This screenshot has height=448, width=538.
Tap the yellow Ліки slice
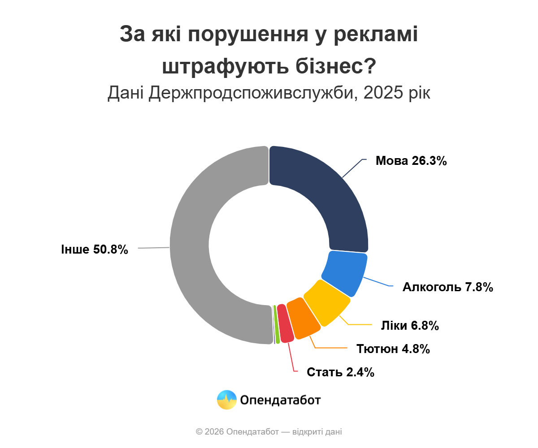click(327, 302)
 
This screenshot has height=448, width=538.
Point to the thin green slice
click(277, 325)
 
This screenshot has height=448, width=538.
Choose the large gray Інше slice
click(197, 251)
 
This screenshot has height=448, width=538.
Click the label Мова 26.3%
click(411, 161)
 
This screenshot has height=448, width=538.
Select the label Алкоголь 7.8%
click(448, 287)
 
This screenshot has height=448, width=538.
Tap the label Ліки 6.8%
click(410, 326)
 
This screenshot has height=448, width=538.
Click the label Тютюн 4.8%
click(393, 349)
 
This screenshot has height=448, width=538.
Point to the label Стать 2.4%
click(340, 372)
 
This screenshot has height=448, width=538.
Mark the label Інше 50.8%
click(95, 250)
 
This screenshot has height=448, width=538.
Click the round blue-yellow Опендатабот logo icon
click(226, 400)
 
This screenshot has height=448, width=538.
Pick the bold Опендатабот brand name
click(280, 400)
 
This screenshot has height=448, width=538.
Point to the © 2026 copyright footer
click(269, 432)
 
